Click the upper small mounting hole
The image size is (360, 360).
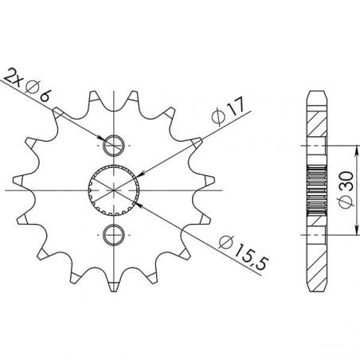(114, 146)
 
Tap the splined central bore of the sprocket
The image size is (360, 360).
(114, 190)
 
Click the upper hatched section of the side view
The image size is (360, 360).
(318, 128)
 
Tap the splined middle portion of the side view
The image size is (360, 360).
(318, 190)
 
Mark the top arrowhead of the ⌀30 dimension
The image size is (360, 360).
(332, 149)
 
